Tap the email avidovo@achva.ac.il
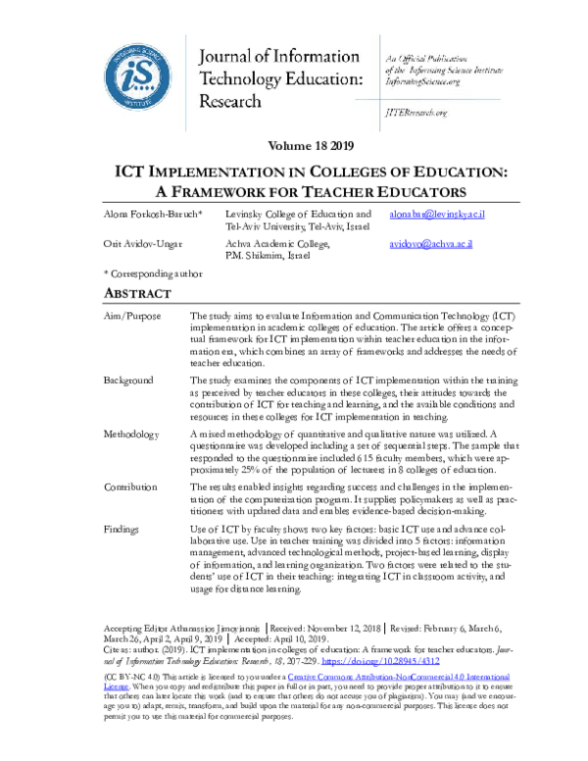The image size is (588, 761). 430,244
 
